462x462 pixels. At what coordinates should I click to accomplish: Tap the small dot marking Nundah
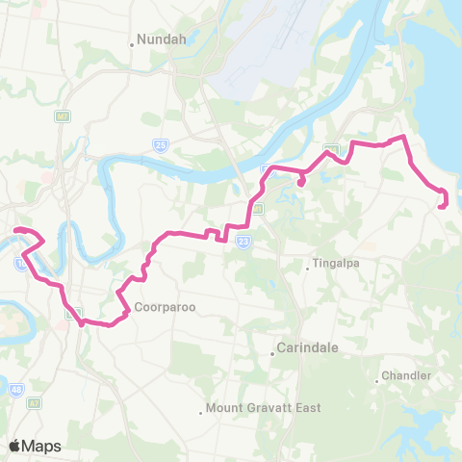(132, 43)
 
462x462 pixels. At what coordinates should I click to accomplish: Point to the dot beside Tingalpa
(307, 269)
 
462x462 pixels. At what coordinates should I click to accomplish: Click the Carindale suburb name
(307, 348)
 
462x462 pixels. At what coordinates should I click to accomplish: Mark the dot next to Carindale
(272, 353)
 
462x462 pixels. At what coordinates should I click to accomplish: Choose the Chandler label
(404, 374)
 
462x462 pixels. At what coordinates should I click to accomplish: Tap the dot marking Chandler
(377, 379)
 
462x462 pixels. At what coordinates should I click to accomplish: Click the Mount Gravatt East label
(263, 408)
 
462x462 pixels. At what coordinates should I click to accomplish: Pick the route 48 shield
(17, 390)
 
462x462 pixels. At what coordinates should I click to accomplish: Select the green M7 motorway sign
(63, 116)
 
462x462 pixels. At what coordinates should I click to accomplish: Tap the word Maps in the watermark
(42, 446)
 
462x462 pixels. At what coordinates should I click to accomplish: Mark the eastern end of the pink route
(441, 205)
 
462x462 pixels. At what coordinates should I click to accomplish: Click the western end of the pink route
(14, 229)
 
